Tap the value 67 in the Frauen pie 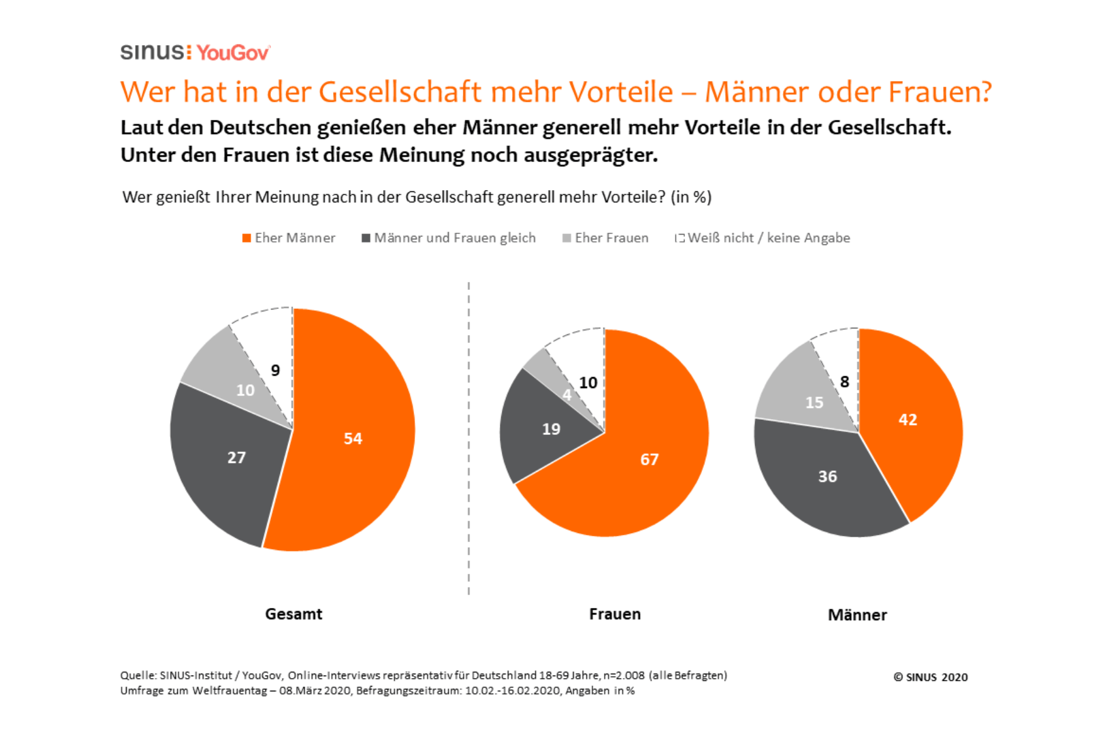coord(649,459)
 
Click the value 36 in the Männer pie coord(827,476)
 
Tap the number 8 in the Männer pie coord(844,382)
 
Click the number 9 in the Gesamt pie coord(275,370)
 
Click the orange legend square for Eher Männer coord(247,238)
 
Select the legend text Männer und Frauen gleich coord(454,238)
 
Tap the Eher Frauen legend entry coord(611,238)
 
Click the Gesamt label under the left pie coord(293,614)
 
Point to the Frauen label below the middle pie coord(614,614)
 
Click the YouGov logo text coord(233,53)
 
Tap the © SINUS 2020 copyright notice coord(930,677)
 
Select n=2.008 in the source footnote coord(624,676)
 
